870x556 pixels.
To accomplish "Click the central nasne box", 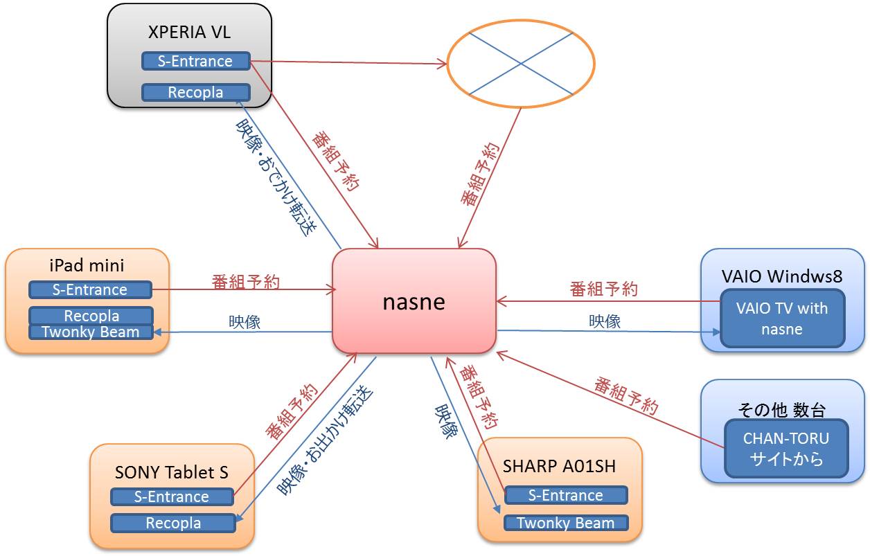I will (414, 301).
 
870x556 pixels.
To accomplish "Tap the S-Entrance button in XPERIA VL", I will (195, 61).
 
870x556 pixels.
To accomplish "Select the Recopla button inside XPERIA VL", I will (195, 92).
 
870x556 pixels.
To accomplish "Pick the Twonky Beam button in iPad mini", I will (90, 332).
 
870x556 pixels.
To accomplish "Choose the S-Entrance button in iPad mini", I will (90, 289).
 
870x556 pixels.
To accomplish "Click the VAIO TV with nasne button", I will (783, 319).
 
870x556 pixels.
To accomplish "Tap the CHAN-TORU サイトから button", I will (785, 448).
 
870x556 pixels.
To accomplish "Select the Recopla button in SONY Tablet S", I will (173, 523).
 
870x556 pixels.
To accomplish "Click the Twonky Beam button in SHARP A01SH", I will (565, 523).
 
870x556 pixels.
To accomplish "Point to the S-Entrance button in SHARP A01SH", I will (565, 495).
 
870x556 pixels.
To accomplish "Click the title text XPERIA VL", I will (190, 32).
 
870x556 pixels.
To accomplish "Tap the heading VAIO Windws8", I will (782, 276).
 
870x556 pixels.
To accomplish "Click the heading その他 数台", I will (781, 409).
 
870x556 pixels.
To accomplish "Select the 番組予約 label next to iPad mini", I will (245, 282).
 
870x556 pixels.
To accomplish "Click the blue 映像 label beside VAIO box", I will (604, 321).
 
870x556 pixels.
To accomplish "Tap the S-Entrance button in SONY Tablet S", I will (171, 496).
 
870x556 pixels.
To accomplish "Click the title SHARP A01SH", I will (559, 465).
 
